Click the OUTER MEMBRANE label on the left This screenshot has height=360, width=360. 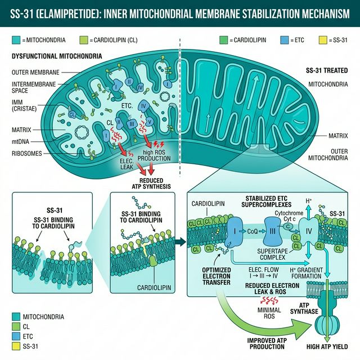click(x=34, y=73)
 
